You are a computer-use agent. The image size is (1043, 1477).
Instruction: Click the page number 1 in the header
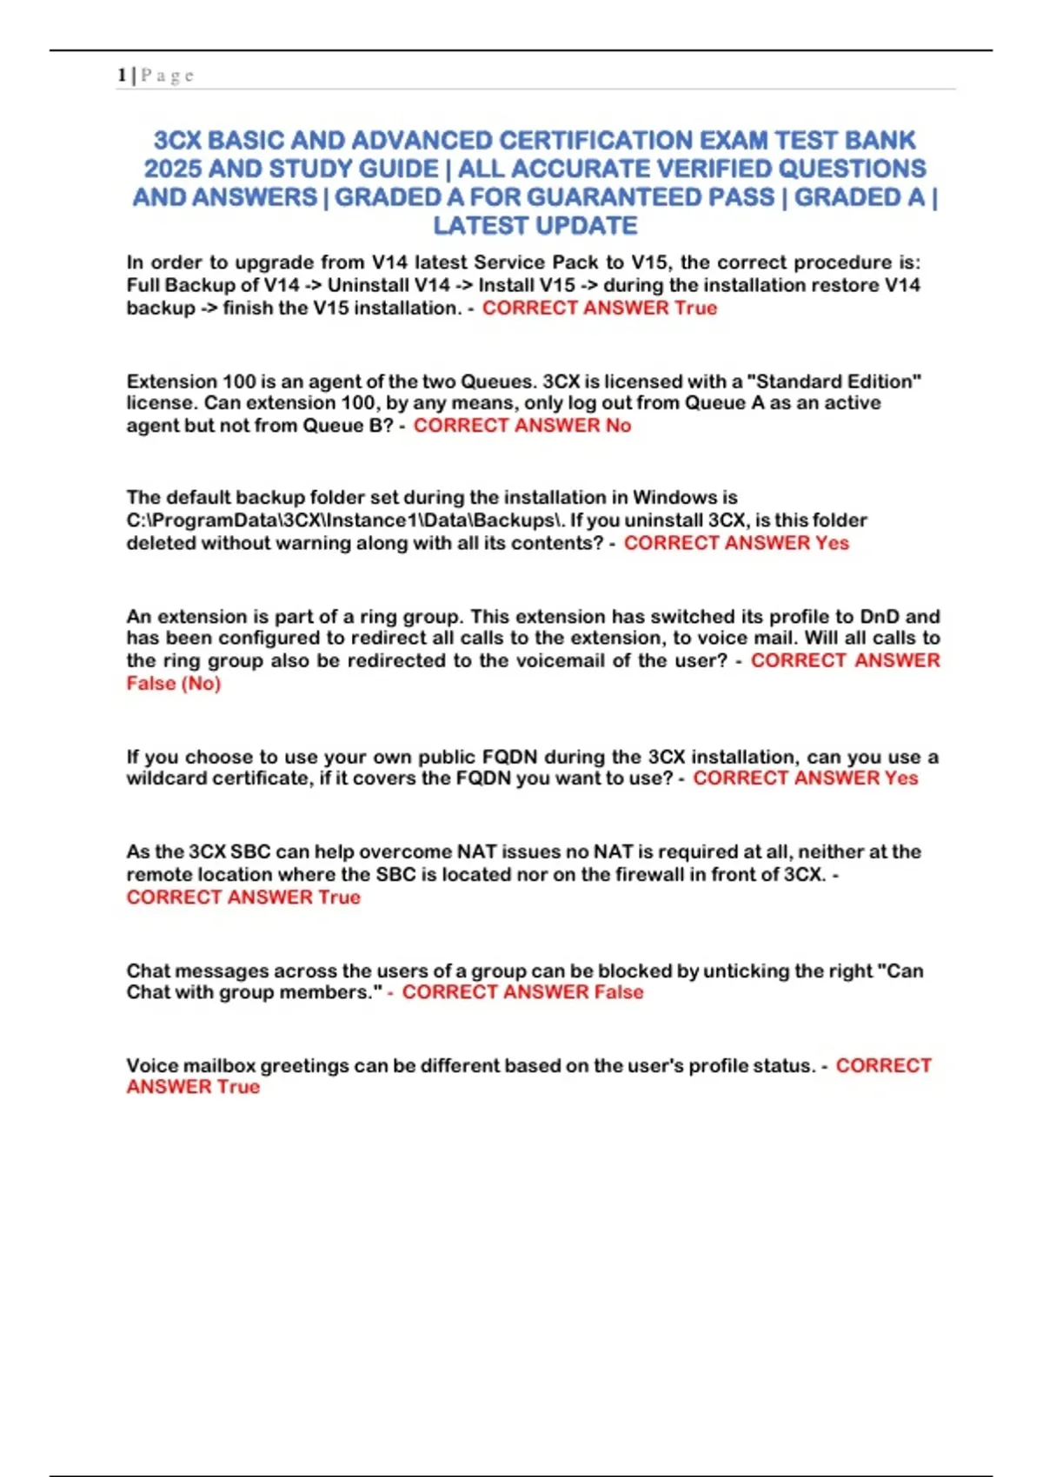point(121,76)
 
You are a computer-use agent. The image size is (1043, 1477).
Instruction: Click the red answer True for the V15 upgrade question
point(695,308)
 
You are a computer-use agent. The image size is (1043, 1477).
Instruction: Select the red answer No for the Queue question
point(618,426)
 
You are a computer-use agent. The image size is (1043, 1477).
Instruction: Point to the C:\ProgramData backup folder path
point(345,520)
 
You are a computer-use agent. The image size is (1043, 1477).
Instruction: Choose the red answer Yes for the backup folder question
point(832,543)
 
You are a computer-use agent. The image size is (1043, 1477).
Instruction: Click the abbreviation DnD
point(880,617)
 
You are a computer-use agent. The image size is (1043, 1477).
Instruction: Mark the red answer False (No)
point(174,684)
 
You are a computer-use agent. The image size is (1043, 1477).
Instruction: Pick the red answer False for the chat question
point(619,992)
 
